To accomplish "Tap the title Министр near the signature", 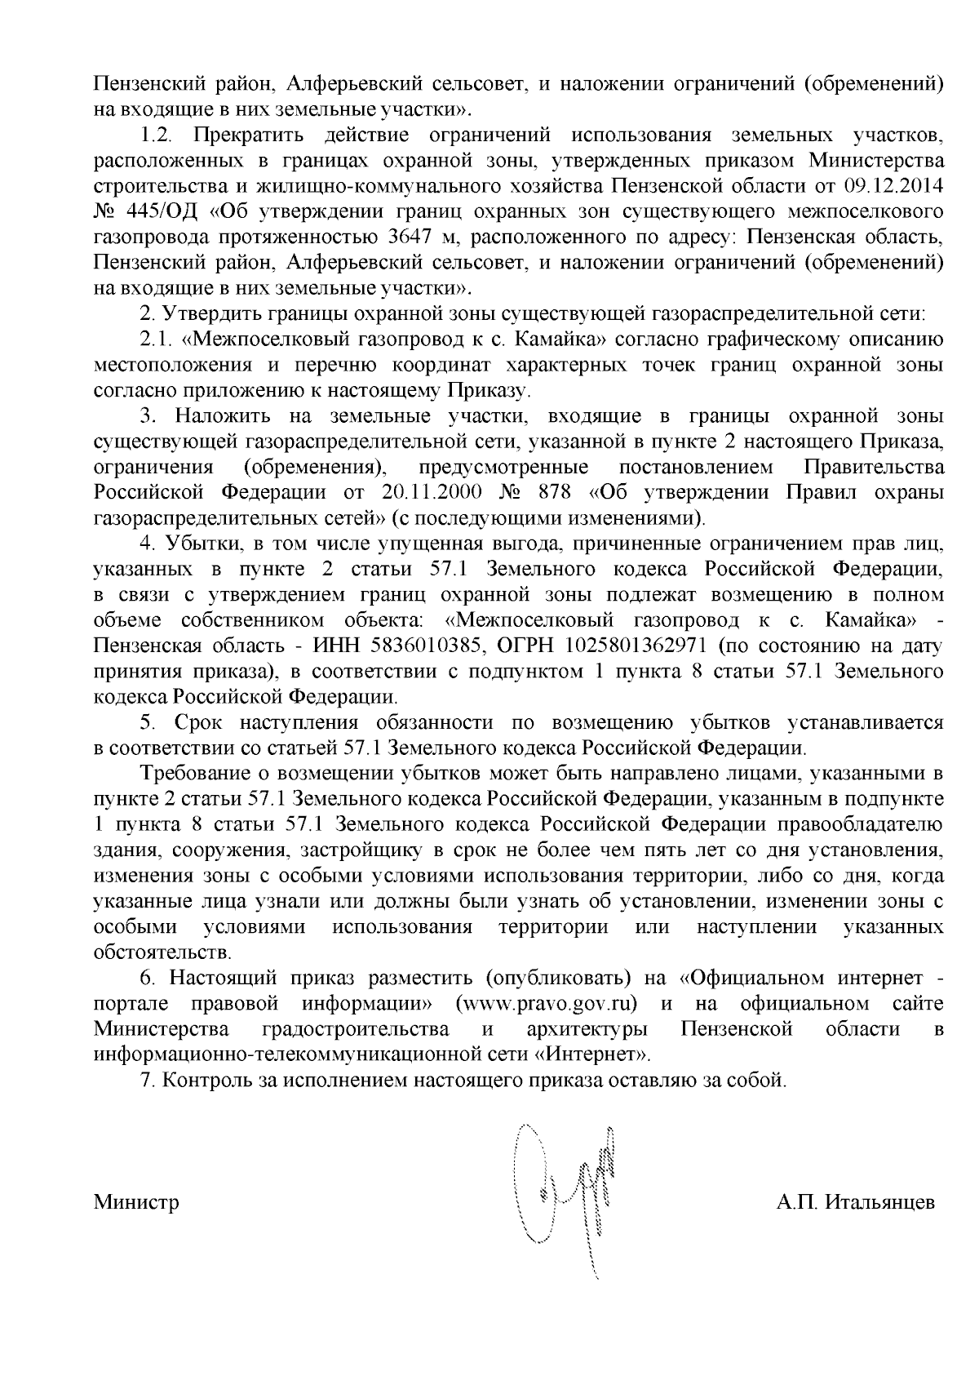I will point(137,1202).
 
